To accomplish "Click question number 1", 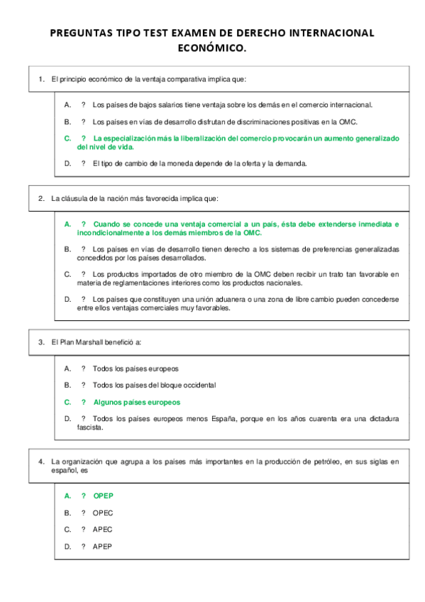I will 42,79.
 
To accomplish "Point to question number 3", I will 42,342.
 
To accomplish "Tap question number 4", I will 42,462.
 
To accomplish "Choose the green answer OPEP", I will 104,496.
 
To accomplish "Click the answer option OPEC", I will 103,513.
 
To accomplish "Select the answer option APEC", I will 103,530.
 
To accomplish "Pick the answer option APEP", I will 103,547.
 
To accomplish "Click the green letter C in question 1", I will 67,138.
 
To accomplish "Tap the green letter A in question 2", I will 67,224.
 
